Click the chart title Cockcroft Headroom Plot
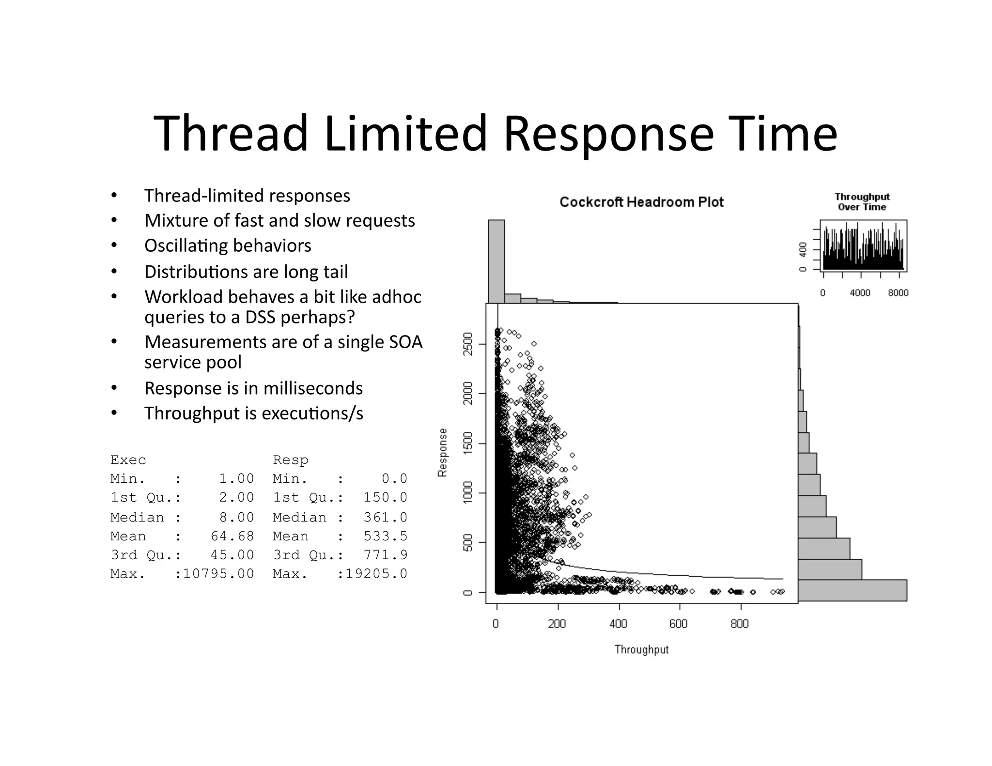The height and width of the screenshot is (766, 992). (x=641, y=202)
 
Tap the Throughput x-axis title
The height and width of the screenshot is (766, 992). (x=641, y=650)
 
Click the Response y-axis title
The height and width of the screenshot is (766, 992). (x=442, y=452)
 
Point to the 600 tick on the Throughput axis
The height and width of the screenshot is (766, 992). (x=679, y=624)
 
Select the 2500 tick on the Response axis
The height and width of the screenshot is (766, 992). (x=468, y=344)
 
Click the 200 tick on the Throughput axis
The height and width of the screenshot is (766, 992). (x=557, y=624)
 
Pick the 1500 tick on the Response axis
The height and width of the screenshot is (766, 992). (x=468, y=444)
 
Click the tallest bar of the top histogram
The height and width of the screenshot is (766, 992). (x=496, y=261)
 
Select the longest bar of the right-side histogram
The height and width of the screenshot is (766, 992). (x=852, y=590)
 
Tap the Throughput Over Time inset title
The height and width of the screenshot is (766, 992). (x=862, y=202)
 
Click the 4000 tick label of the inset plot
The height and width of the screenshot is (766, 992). (x=860, y=293)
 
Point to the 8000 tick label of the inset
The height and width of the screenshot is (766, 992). (x=898, y=293)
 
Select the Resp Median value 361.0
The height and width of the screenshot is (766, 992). (x=386, y=518)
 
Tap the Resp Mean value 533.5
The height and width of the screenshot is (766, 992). (x=386, y=536)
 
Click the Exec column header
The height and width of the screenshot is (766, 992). (x=128, y=460)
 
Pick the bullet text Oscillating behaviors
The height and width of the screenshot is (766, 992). (x=228, y=246)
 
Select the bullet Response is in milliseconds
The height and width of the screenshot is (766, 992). (x=253, y=388)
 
